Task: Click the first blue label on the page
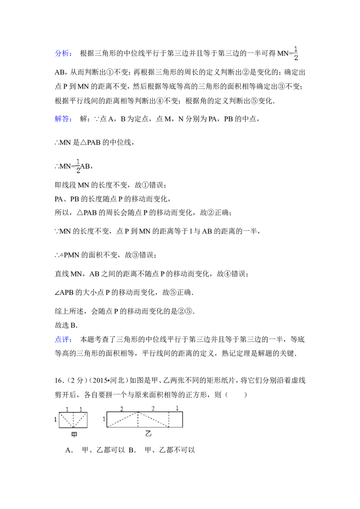click(63, 53)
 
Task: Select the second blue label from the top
click(63, 119)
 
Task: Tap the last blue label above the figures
click(63, 340)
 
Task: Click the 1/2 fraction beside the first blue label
click(295, 52)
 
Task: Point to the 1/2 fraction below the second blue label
click(77, 165)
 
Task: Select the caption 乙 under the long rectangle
click(148, 434)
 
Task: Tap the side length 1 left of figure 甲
click(56, 420)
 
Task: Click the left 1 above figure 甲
click(67, 409)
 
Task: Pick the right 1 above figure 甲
click(81, 409)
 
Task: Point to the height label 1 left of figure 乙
click(104, 420)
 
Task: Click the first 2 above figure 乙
click(121, 409)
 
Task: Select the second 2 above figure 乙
click(153, 409)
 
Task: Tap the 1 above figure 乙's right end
click(177, 408)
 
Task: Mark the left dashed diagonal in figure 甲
click(66, 420)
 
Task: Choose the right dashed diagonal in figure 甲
click(80, 420)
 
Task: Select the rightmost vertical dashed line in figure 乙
click(169, 420)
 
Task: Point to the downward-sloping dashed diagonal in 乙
click(153, 420)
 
